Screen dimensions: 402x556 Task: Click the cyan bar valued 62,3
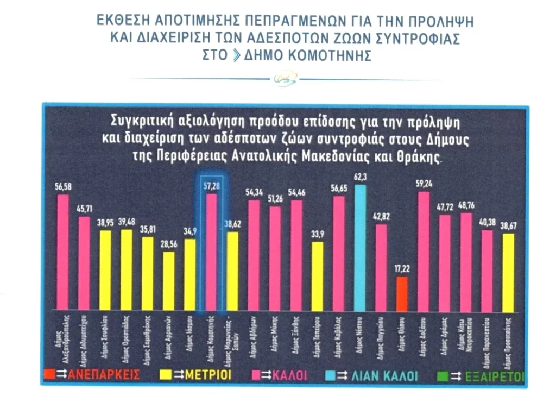click(359, 247)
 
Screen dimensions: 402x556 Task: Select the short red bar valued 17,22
click(402, 293)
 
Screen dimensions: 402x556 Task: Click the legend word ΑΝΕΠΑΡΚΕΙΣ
click(102, 374)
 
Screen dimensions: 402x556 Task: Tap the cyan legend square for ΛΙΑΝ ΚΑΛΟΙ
click(332, 374)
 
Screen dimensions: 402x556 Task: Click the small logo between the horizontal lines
click(286, 79)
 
